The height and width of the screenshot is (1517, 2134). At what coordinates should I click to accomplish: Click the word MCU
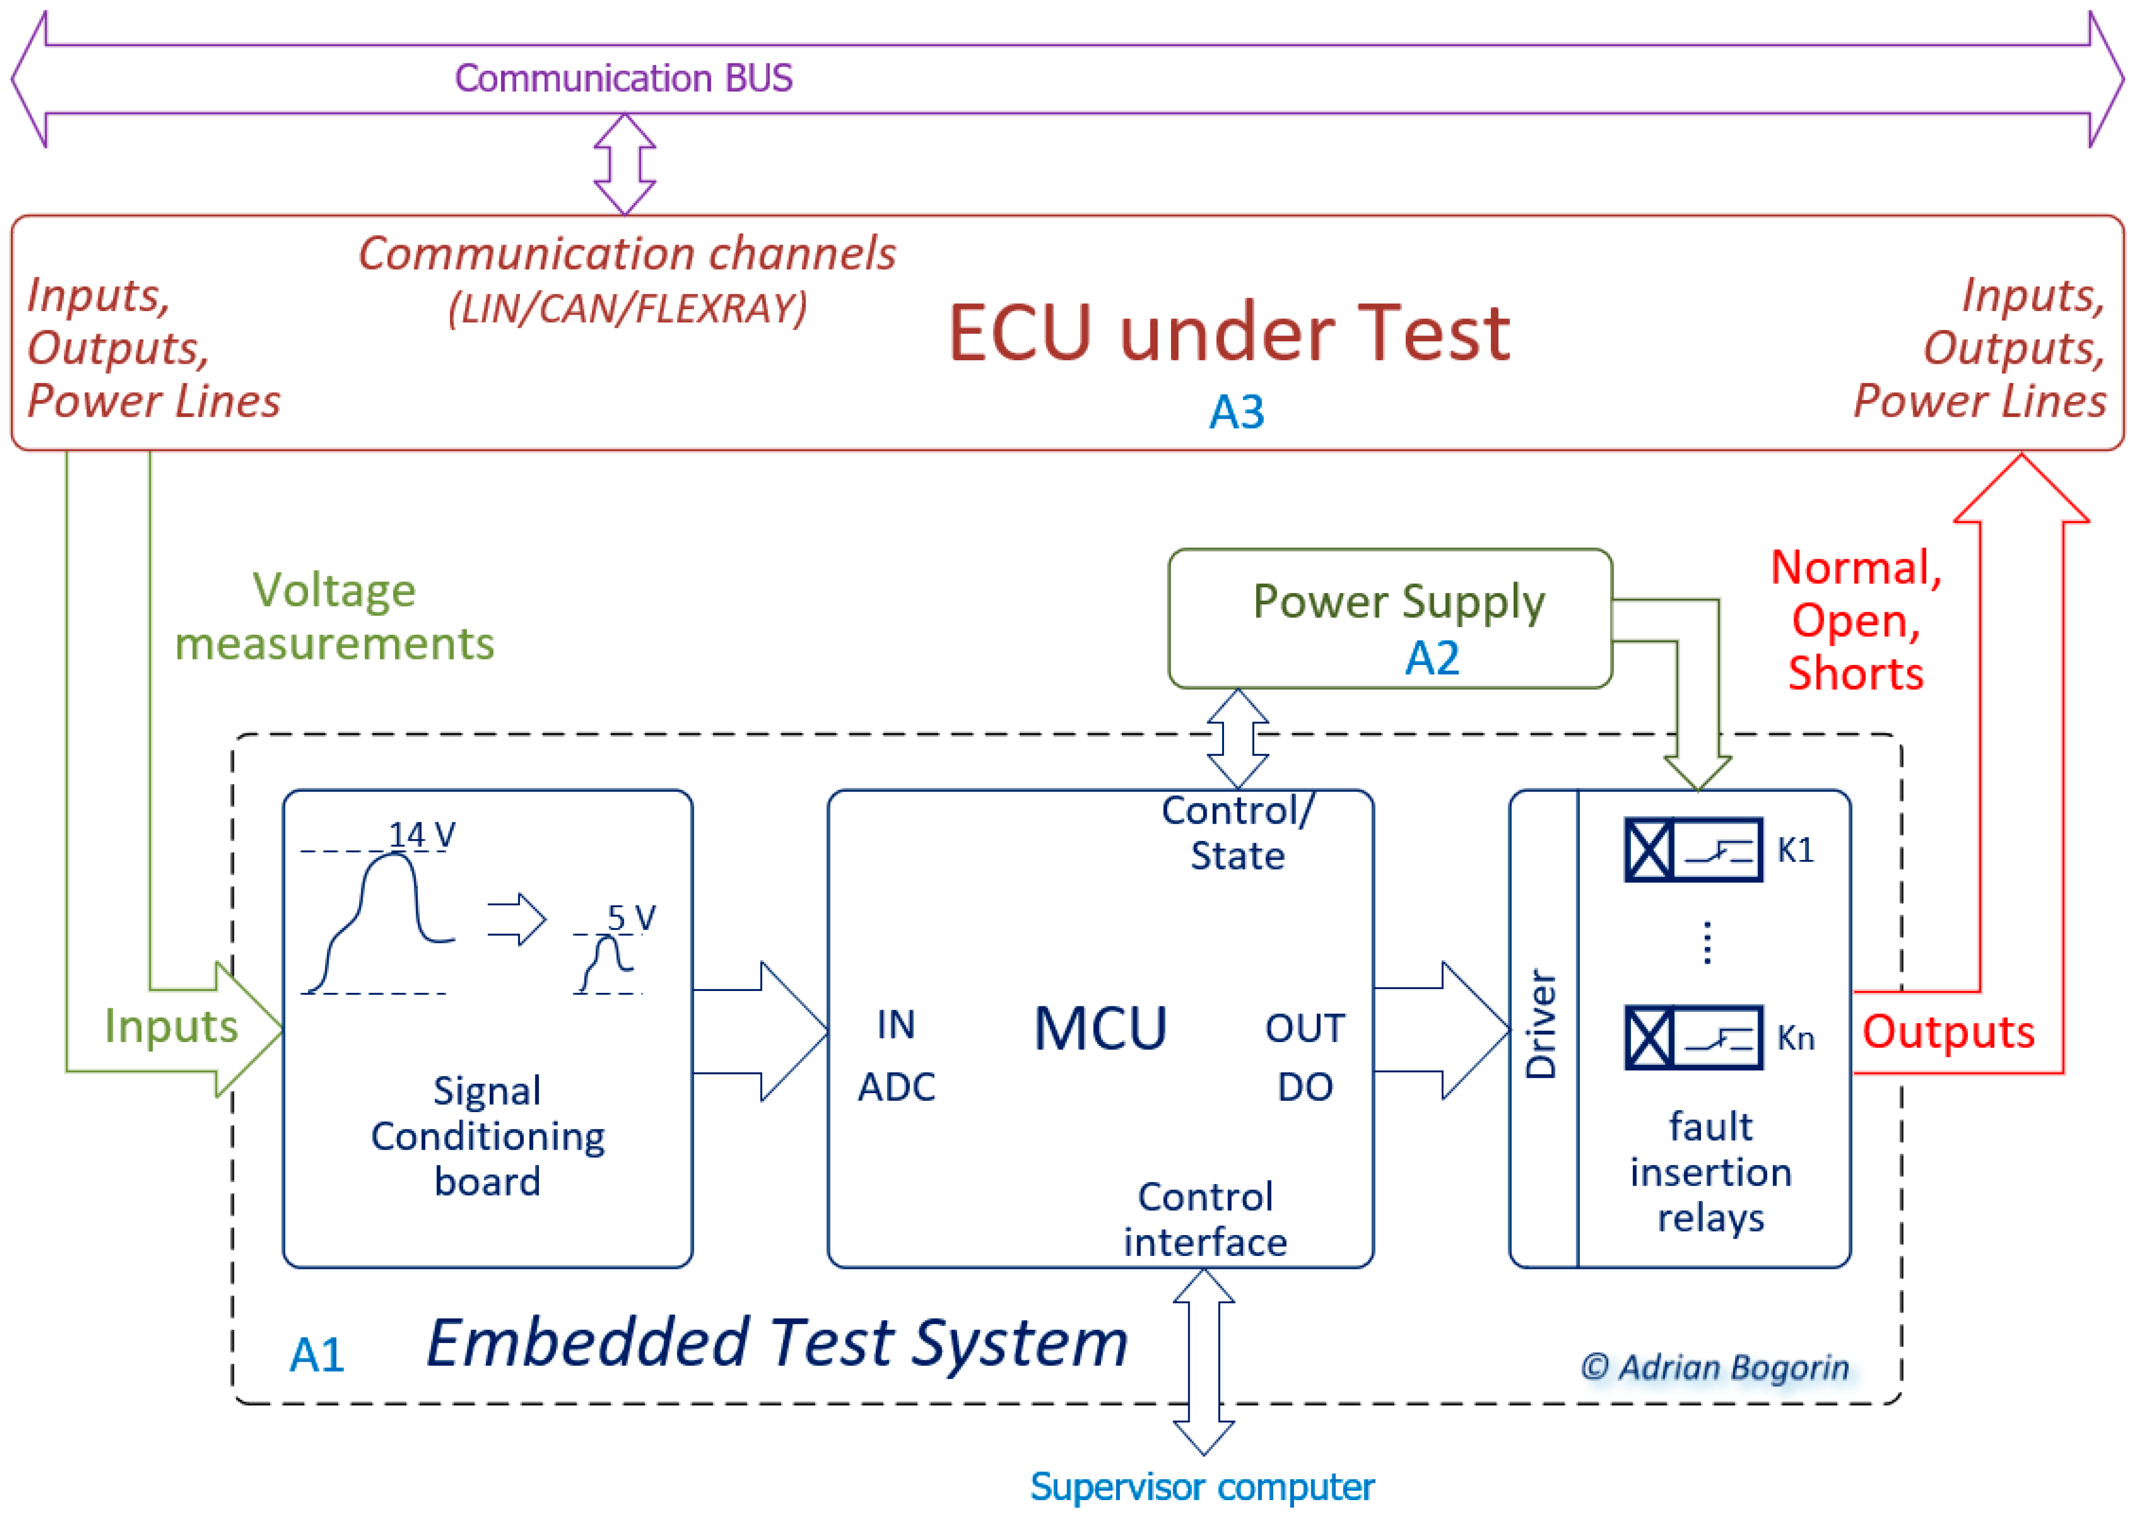(x=1100, y=1029)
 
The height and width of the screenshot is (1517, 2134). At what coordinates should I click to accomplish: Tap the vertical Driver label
(x=1541, y=1025)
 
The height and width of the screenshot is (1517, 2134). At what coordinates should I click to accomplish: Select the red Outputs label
(x=1947, y=1032)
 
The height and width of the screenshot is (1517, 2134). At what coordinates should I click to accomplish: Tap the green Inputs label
(x=171, y=1026)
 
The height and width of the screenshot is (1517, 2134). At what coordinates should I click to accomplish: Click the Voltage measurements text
(x=334, y=617)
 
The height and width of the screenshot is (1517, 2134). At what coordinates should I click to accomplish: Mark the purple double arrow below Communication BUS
(x=625, y=164)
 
